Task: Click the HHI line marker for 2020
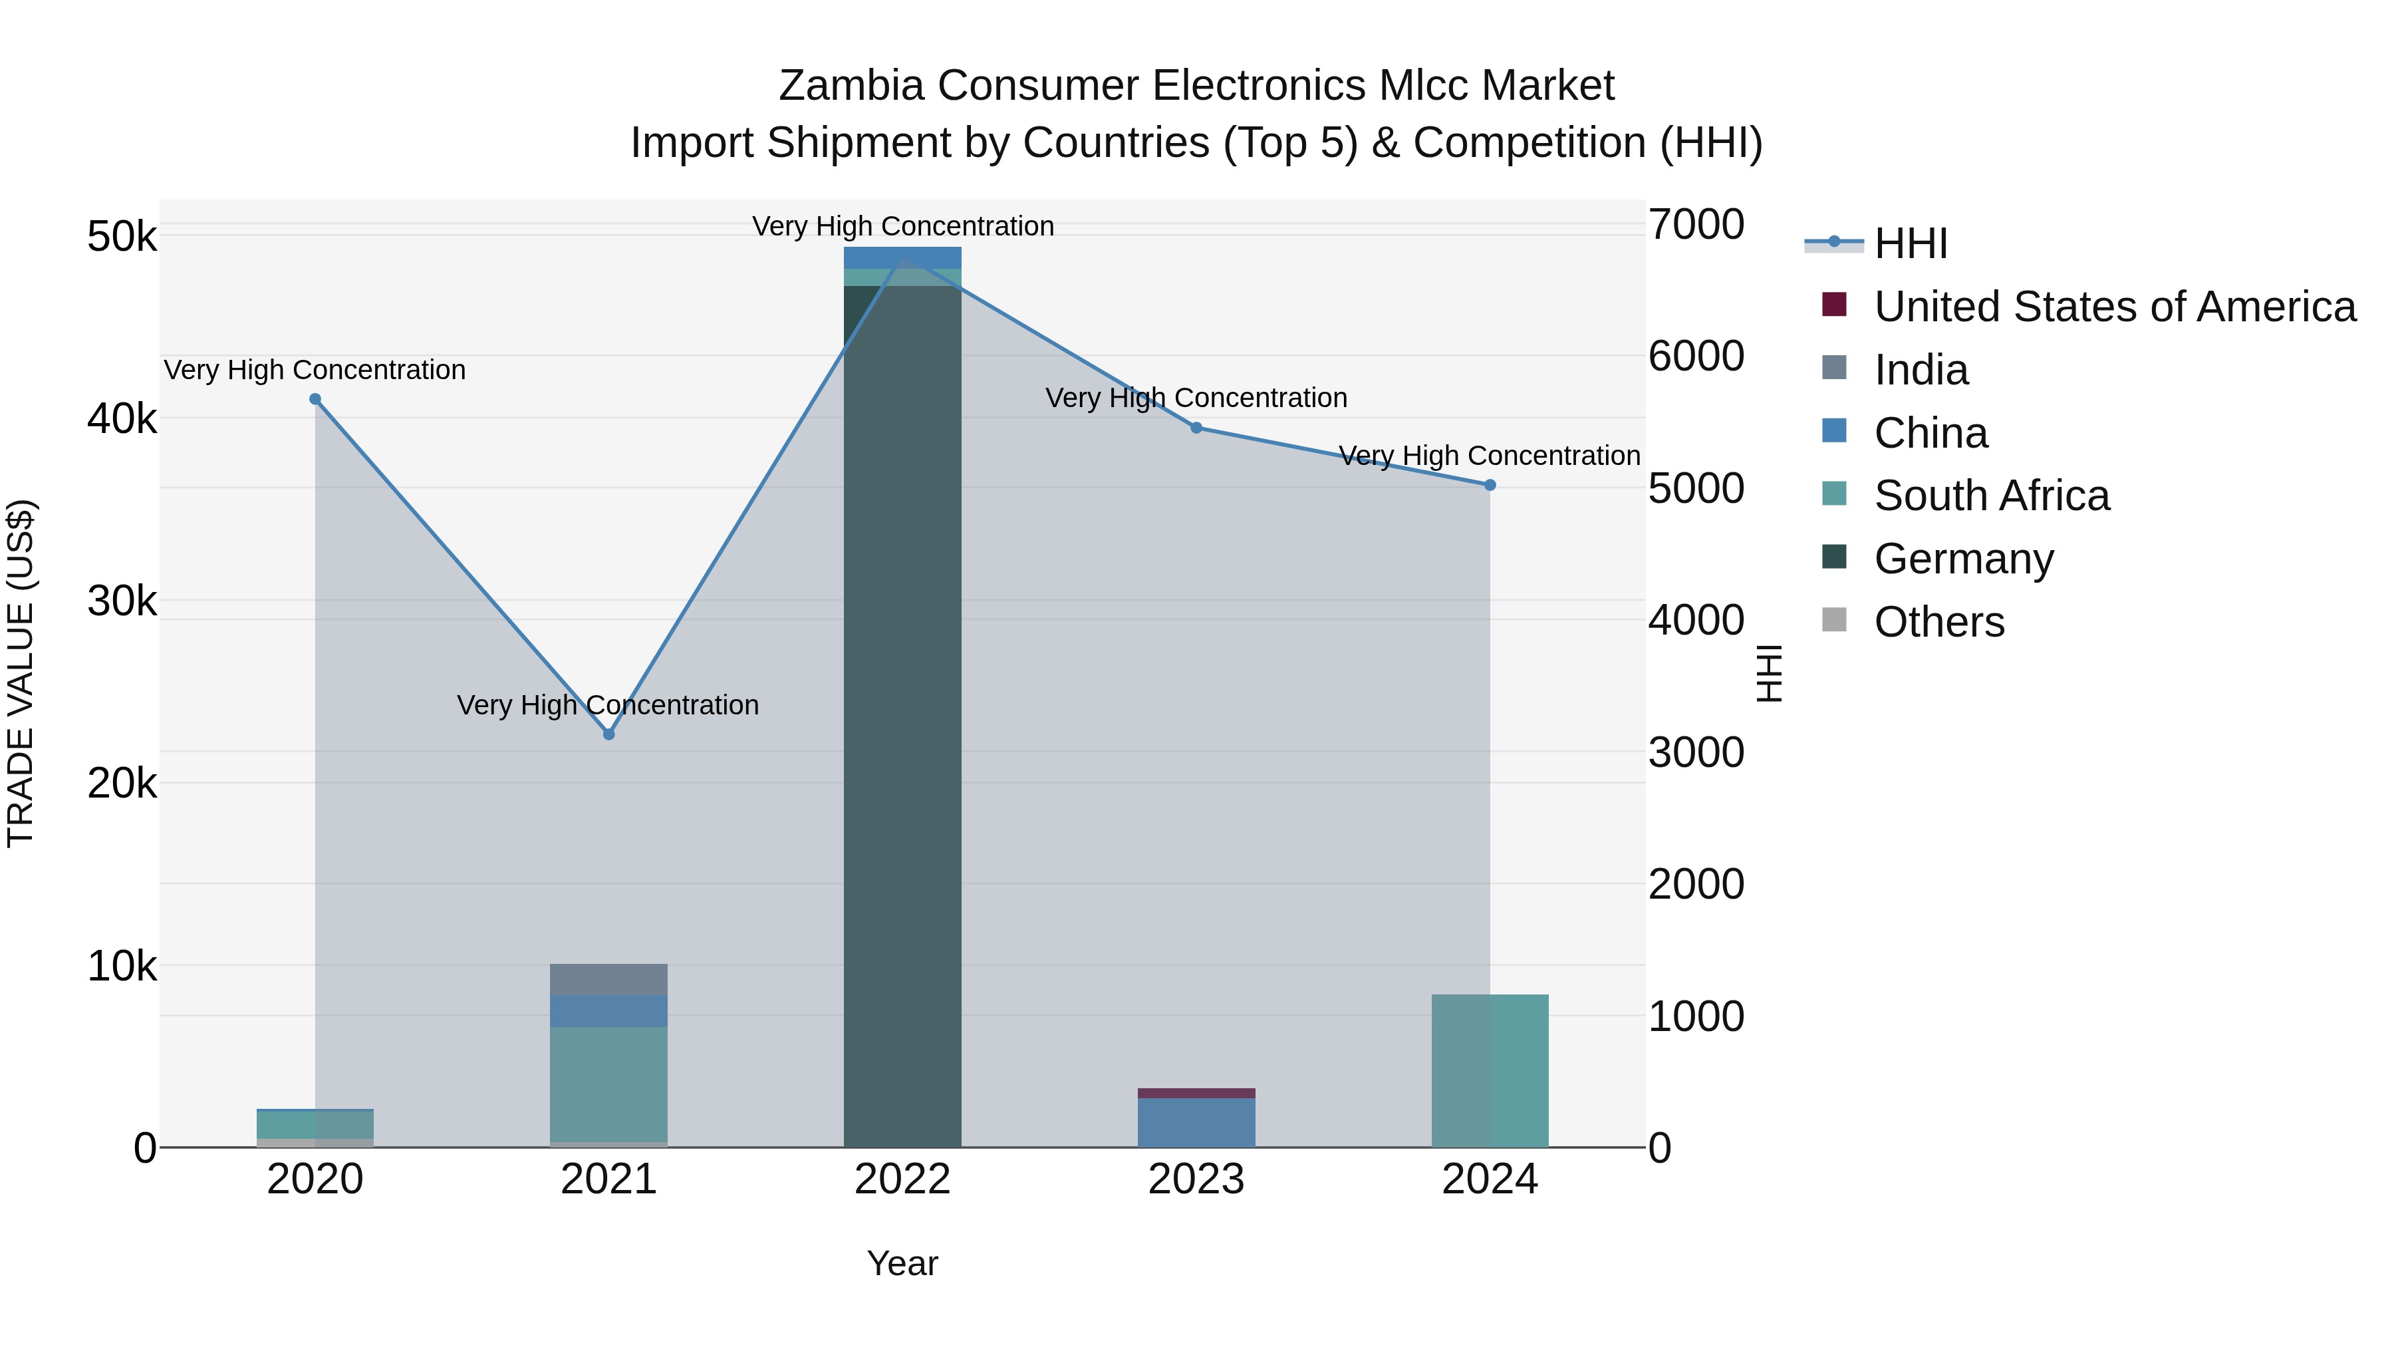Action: [x=315, y=400]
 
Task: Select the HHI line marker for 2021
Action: [x=608, y=734]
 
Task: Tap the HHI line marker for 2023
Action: [x=1196, y=428]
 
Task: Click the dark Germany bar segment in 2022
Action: [x=902, y=716]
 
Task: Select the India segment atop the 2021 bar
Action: [x=608, y=980]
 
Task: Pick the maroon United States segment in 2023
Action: [x=1196, y=1093]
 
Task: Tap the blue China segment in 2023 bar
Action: [x=1196, y=1123]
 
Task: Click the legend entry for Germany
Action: [x=1964, y=559]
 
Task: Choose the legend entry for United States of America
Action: [x=2114, y=307]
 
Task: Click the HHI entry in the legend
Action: [x=1910, y=243]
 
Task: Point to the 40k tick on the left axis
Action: [x=122, y=418]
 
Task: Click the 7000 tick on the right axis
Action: [x=1696, y=224]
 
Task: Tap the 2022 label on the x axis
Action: [x=902, y=1179]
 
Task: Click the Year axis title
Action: [x=902, y=1263]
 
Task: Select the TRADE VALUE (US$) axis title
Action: [x=21, y=673]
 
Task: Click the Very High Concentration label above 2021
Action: [x=608, y=704]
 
